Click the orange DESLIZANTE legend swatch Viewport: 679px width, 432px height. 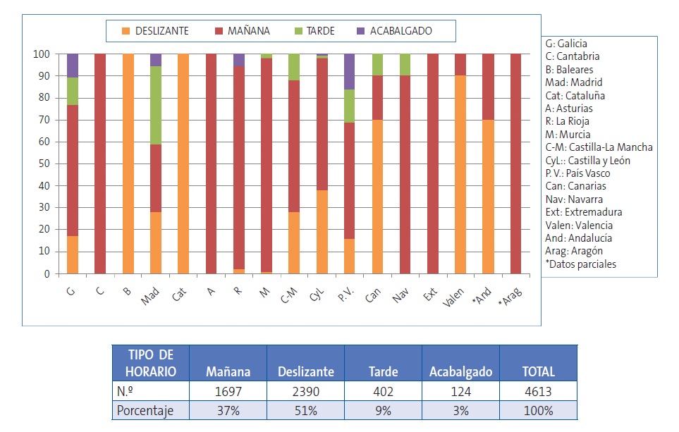(126, 31)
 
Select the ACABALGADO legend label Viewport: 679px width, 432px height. (400, 31)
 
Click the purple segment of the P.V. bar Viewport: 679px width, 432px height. (349, 71)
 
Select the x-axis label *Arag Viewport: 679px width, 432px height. (512, 296)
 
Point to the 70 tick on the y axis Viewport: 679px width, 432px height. (44, 120)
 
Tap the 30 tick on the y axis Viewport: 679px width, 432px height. (44, 208)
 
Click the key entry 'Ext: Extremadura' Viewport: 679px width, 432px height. (584, 212)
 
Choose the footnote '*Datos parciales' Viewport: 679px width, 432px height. (580, 264)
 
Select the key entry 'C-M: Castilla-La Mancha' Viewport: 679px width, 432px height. (599, 147)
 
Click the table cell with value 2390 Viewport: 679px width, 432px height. (306, 391)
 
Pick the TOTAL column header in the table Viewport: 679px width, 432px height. (538, 372)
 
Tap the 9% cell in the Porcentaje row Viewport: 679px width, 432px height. (384, 410)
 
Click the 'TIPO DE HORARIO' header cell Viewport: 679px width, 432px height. (150, 363)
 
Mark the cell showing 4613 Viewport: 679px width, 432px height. (538, 391)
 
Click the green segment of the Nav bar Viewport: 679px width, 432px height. (404, 65)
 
